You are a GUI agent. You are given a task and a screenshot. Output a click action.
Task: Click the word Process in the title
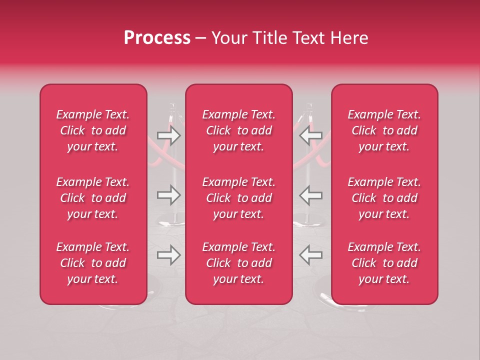point(157,38)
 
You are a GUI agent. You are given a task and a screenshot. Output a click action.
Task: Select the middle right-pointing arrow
point(168,195)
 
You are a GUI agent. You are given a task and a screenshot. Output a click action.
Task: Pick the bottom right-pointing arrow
point(168,255)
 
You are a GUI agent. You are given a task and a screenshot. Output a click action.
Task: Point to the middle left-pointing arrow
point(310,195)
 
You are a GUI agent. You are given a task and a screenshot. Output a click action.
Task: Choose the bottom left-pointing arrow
point(310,255)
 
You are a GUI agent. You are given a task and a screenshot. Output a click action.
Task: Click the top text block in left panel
point(93,130)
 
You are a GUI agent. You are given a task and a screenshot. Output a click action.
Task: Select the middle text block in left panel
point(93,198)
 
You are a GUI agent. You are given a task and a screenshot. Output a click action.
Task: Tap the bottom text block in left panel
point(93,263)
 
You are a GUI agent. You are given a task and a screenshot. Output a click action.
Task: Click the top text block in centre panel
point(239,130)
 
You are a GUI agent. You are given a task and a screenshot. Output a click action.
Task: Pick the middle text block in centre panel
point(239,198)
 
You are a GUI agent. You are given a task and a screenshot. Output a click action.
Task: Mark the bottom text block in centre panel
point(239,263)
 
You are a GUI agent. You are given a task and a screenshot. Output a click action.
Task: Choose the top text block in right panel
point(384,130)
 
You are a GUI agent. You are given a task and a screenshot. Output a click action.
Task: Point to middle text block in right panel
point(384,198)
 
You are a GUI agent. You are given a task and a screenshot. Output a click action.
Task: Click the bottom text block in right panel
point(384,263)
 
